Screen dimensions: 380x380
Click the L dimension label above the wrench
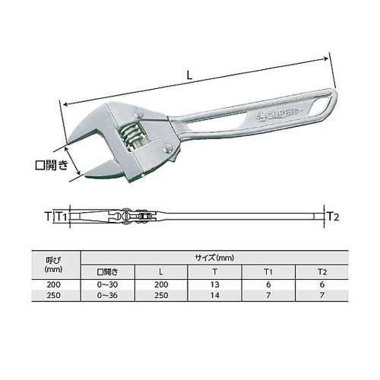click(189, 75)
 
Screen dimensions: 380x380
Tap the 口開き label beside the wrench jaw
click(52, 165)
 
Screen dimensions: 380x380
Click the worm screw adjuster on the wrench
click(131, 136)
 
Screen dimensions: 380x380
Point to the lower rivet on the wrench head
click(167, 149)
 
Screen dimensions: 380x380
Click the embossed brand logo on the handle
click(280, 116)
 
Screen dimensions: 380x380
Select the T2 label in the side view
click(334, 217)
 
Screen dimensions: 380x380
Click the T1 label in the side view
click(61, 217)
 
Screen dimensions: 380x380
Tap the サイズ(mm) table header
click(214, 258)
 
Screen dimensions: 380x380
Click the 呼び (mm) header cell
click(53, 264)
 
